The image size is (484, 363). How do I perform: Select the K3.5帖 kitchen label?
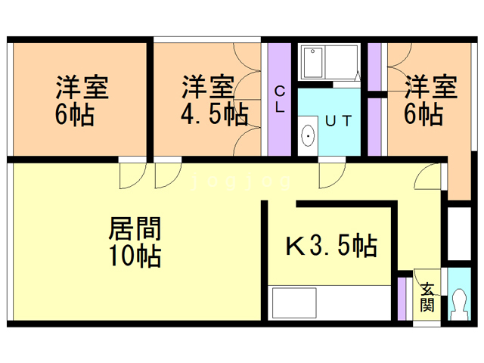pos(330,245)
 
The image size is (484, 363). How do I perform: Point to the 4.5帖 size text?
pos(214,115)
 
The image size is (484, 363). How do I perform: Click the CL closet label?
pos(279,99)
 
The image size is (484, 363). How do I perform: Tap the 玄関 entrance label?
pos(427,296)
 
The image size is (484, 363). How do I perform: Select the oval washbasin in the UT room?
pos(309,136)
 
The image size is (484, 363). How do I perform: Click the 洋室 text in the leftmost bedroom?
pos(81,88)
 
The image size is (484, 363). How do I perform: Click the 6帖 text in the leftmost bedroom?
pos(74,115)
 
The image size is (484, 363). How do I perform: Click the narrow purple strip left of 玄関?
pos(402,299)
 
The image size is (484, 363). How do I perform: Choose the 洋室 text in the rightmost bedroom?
pos(430,88)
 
